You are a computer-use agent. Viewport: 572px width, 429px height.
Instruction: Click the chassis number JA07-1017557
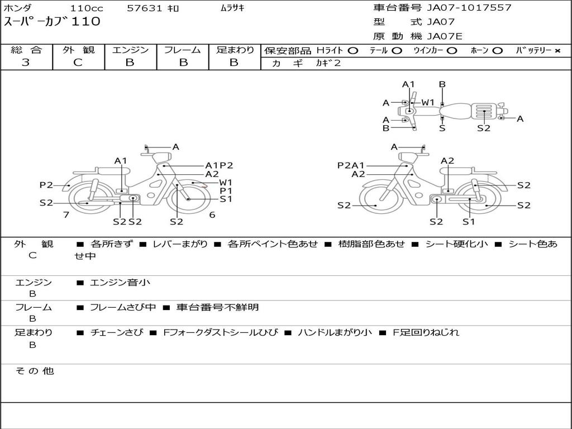pos(469,8)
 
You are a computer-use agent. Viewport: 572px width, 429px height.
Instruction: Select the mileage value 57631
pos(144,8)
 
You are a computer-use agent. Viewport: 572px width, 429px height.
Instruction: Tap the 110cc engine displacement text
pos(87,8)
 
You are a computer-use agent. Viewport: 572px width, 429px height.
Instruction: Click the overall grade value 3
pos(26,63)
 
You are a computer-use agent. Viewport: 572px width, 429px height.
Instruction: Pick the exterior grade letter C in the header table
pos(78,63)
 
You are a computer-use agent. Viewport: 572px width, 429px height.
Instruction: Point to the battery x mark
pos(557,51)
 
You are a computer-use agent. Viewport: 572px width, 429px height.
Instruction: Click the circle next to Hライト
pos(353,51)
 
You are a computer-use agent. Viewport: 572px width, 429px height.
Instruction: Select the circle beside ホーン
pos(497,51)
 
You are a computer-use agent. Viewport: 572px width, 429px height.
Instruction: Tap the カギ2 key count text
pos(328,63)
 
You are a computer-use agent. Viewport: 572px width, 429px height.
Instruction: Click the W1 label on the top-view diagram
pos(428,103)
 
